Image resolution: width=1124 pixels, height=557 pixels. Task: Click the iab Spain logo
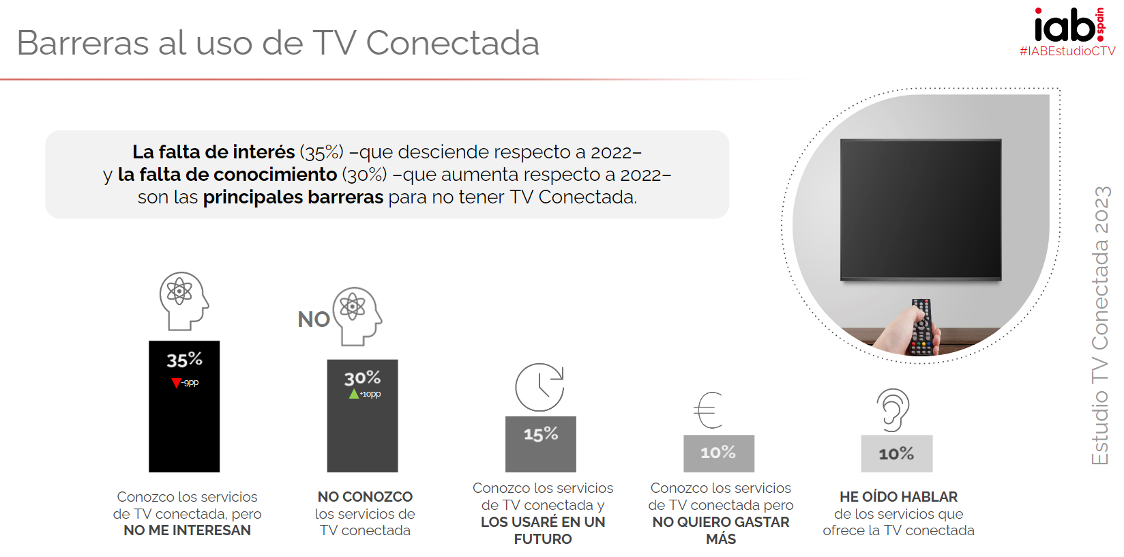1068,26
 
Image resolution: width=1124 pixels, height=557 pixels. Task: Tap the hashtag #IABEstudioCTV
1067,51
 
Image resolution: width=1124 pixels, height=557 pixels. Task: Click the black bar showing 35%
184,423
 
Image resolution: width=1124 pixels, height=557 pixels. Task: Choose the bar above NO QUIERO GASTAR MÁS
719,453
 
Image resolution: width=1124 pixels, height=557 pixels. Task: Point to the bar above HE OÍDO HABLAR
896,454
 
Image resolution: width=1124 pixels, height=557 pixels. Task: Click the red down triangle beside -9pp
176,383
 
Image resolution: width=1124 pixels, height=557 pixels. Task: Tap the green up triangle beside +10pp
353,394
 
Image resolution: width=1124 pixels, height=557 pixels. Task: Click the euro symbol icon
709,410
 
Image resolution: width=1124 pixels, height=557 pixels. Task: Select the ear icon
893,410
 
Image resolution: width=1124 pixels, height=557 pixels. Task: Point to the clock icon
539,387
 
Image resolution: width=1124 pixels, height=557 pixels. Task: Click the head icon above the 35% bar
183,300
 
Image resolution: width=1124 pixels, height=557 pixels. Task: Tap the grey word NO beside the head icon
314,319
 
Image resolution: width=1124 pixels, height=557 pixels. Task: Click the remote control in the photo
922,328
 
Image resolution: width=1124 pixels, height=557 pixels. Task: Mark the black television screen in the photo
921,209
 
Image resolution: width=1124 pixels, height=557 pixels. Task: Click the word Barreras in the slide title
83,43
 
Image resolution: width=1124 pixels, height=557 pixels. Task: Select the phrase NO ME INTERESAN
187,530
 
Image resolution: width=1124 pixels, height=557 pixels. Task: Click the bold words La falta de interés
213,152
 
